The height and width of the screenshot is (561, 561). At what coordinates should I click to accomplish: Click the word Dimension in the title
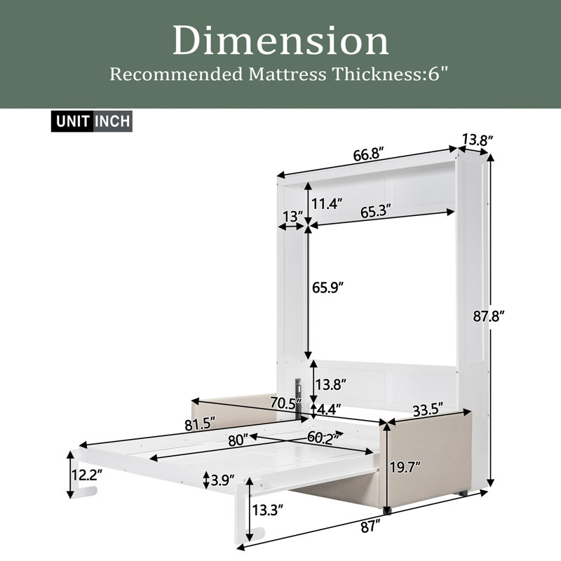point(280,41)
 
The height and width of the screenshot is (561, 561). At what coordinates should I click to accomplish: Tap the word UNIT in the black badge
point(72,121)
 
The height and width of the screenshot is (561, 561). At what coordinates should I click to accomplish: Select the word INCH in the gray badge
point(113,121)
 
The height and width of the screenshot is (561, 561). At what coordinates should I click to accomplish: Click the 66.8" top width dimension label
point(369,154)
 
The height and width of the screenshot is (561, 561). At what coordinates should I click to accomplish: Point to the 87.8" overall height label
point(489,316)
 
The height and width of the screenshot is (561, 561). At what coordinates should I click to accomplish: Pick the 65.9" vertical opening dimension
point(327,288)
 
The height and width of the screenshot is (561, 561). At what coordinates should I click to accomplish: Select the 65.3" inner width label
point(375,212)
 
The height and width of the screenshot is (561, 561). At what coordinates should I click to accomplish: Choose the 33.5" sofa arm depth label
point(428,410)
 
